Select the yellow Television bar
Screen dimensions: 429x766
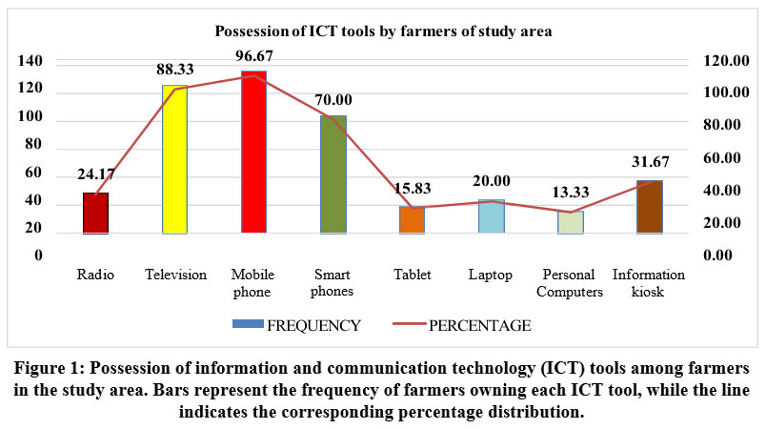click(174, 159)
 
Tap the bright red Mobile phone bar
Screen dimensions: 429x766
click(253, 152)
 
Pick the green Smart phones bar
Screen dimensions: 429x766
click(333, 174)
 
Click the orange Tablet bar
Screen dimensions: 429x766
click(412, 220)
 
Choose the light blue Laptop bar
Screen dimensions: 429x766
click(491, 216)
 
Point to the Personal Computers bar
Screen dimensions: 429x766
click(570, 222)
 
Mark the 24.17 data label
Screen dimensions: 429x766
click(95, 174)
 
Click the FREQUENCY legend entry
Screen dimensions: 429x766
click(297, 325)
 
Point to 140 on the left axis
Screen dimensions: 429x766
click(31, 61)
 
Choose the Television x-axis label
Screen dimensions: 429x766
click(175, 275)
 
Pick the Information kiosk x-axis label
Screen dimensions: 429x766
click(649, 283)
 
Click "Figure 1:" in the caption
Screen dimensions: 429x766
click(49, 368)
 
